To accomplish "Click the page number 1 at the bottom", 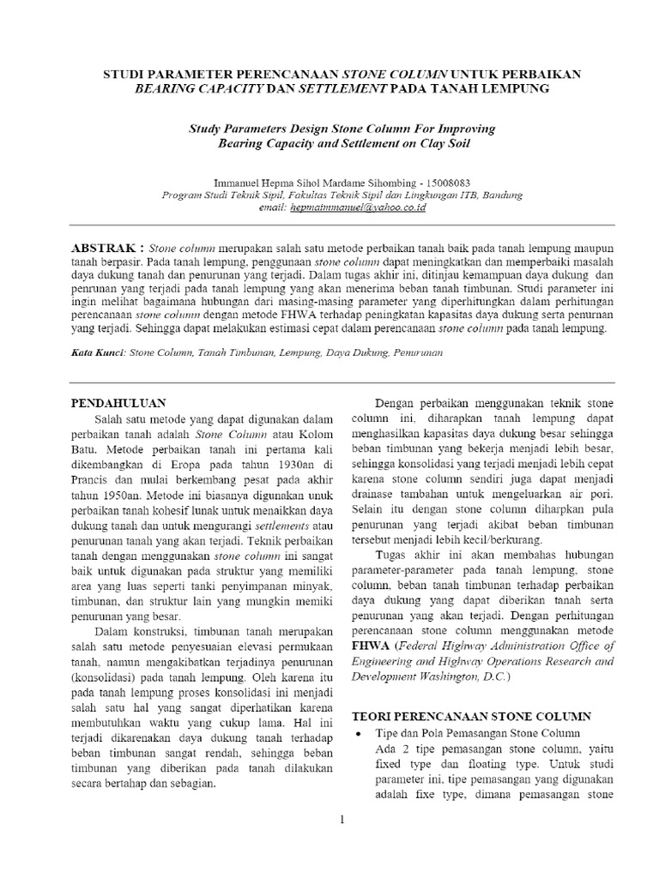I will tap(341, 820).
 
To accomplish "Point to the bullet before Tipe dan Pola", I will tap(357, 734).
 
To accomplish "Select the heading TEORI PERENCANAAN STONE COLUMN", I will tap(471, 716).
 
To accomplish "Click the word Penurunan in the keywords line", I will tap(419, 352).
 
